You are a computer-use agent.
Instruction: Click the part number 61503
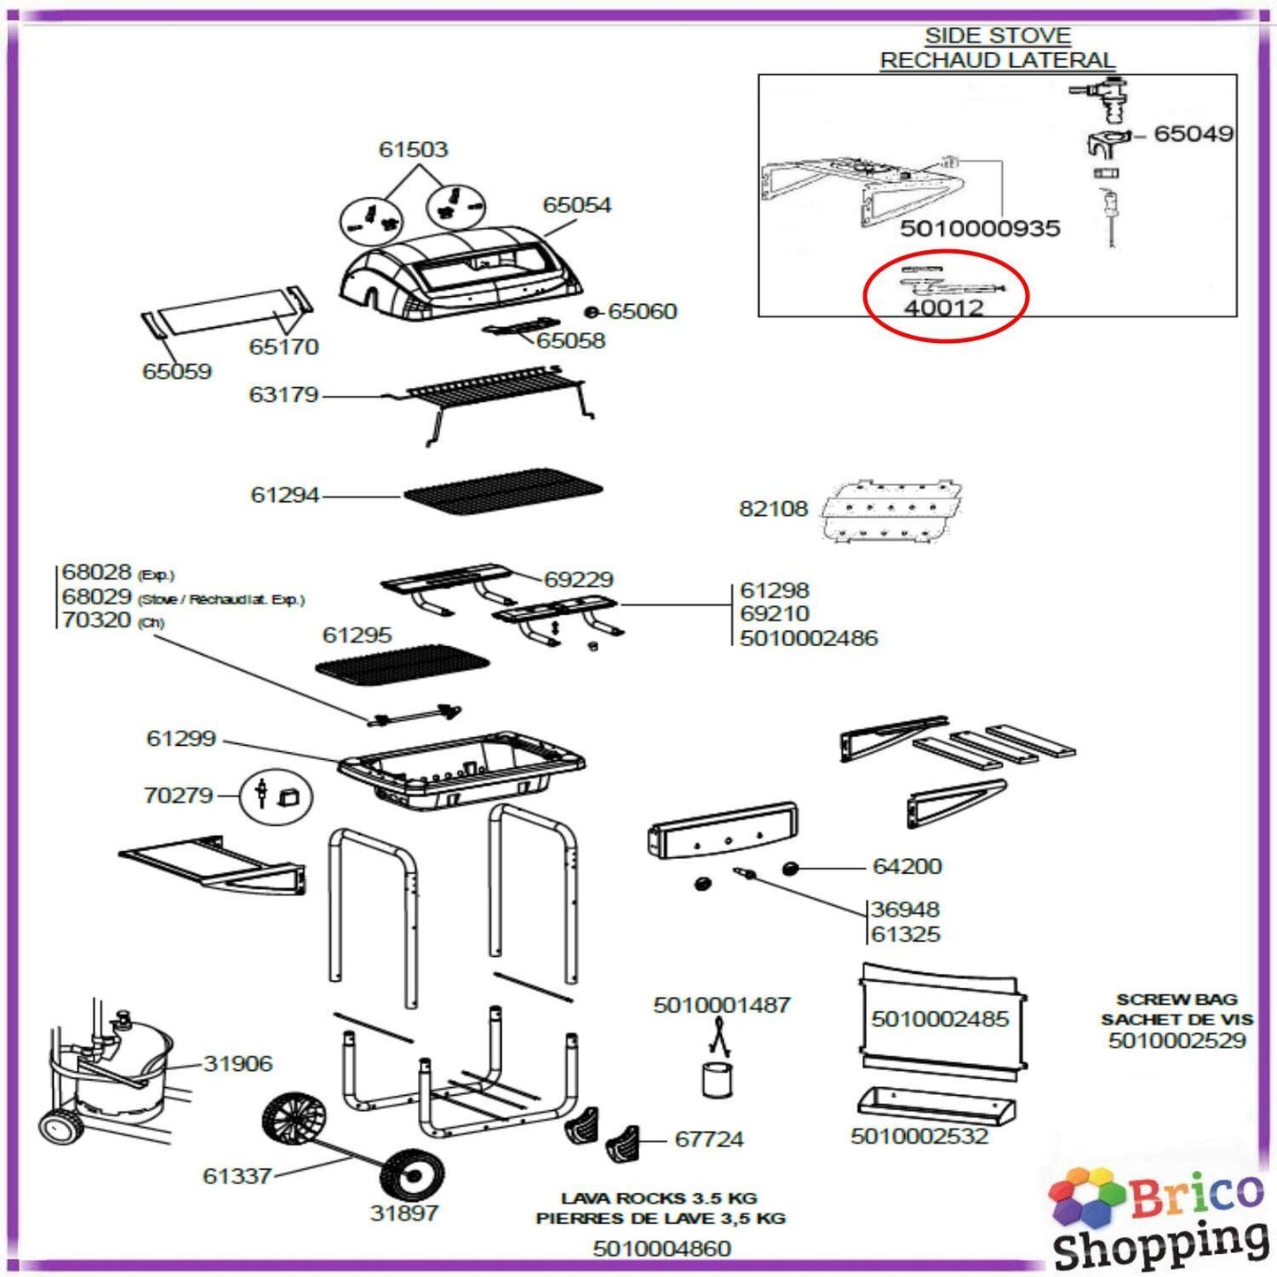click(x=413, y=149)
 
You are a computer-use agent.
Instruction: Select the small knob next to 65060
click(x=593, y=312)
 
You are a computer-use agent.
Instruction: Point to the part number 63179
click(x=283, y=394)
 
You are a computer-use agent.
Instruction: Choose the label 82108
click(x=773, y=509)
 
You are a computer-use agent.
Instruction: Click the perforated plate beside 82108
click(x=891, y=510)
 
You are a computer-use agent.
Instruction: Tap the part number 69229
click(x=578, y=580)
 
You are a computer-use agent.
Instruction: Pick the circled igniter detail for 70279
click(x=275, y=795)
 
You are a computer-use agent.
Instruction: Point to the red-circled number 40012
click(x=943, y=308)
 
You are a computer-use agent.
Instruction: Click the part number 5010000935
click(x=979, y=229)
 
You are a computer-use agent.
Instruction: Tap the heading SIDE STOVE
click(x=997, y=36)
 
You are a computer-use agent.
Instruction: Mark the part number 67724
click(x=709, y=1140)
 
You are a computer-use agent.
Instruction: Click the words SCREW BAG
click(x=1176, y=1000)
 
